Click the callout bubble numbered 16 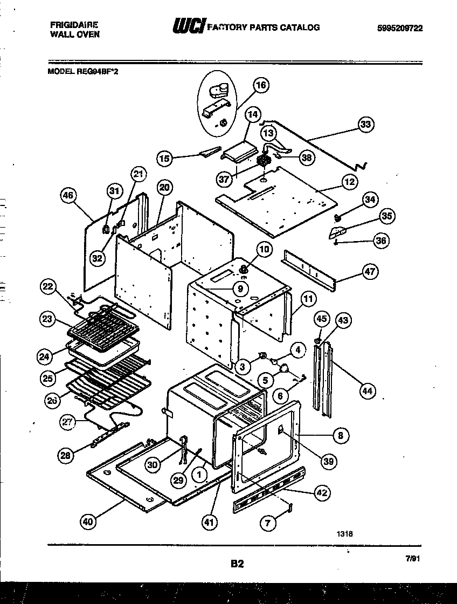261,85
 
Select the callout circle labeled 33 365,125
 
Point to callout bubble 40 88,521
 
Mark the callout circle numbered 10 265,249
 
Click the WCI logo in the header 188,27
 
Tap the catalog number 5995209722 397,29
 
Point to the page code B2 237,564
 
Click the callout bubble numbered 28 66,456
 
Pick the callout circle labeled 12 350,182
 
